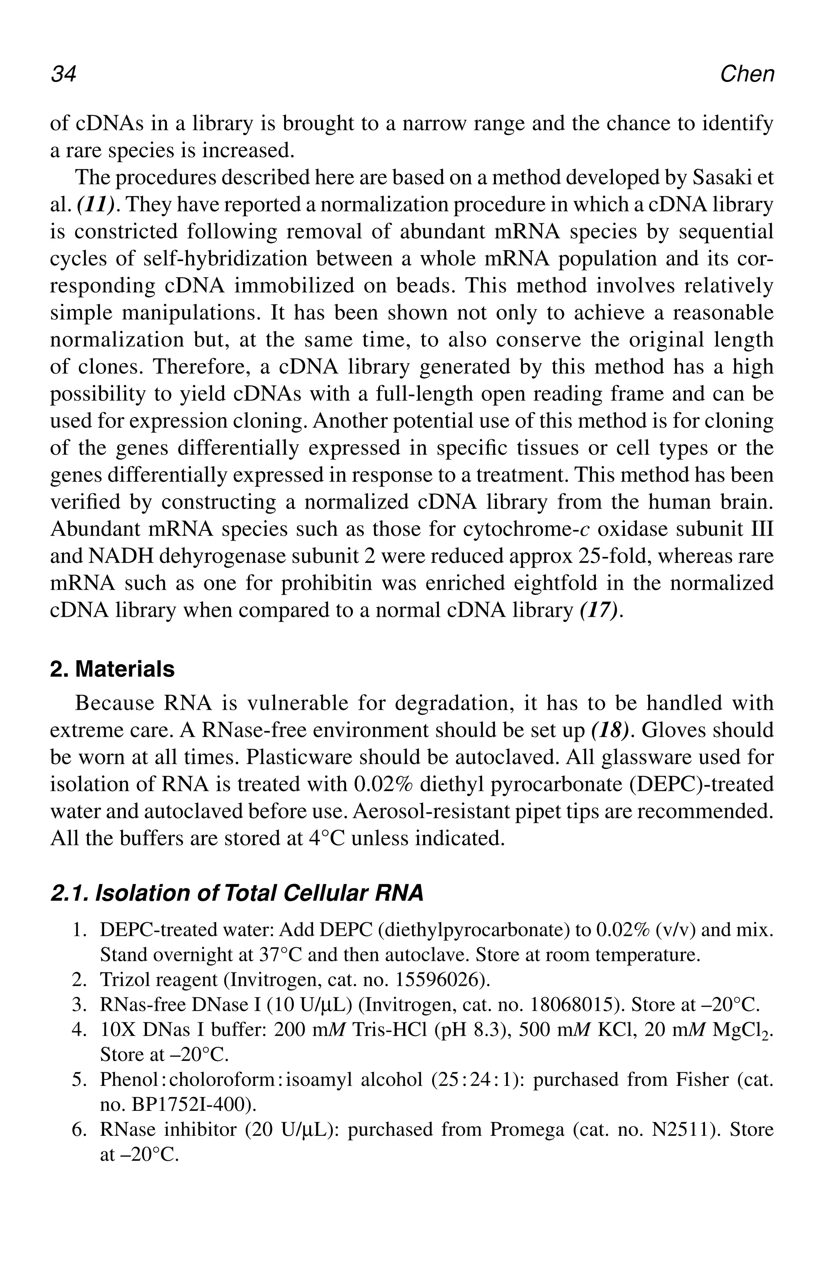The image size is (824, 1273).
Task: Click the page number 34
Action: (64, 74)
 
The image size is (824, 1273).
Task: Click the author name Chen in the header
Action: (746, 74)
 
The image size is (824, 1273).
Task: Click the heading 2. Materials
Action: (112, 669)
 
